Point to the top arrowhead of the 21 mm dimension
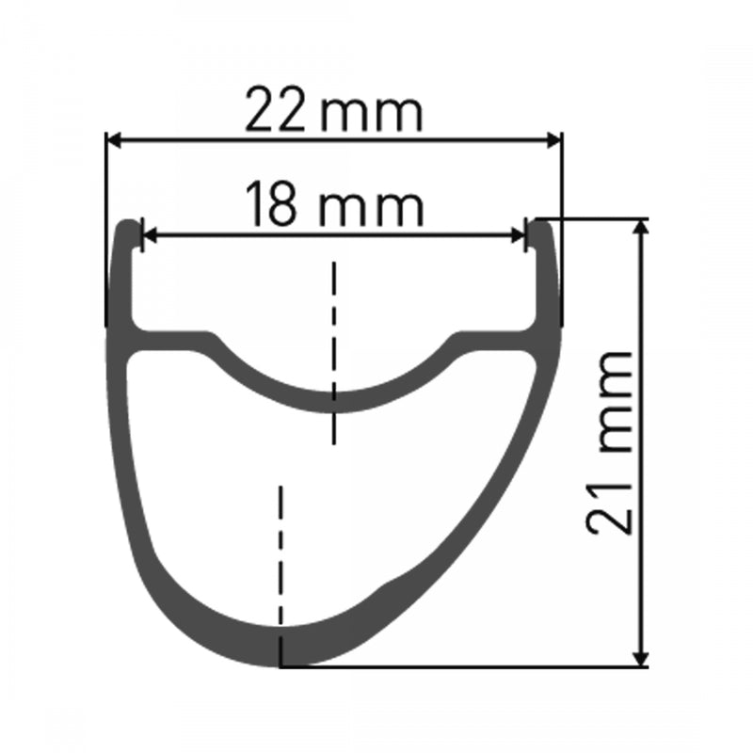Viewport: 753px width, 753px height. (643, 229)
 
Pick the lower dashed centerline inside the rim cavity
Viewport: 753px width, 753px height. (280, 555)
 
